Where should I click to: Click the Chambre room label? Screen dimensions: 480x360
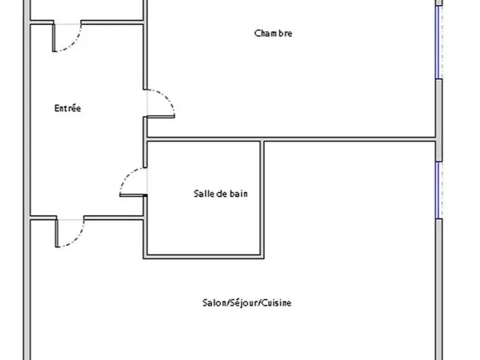[273, 33]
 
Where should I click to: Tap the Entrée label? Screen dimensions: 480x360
[68, 108]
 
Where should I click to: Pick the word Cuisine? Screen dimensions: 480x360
[277, 302]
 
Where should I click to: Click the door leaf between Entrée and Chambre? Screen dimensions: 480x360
[161, 116]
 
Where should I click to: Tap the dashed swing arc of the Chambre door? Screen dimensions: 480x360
[166, 97]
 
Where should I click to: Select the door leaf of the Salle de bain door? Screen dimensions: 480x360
[133, 194]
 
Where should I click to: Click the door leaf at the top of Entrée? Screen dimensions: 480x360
[54, 38]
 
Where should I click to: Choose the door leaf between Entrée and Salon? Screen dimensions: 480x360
[57, 233]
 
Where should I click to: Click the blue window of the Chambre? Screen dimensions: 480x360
[438, 42]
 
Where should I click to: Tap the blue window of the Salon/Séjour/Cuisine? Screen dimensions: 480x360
[438, 190]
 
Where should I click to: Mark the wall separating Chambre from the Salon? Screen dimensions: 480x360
[291, 139]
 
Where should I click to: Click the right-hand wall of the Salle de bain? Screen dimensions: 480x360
[262, 198]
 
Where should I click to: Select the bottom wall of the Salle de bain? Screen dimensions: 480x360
[203, 257]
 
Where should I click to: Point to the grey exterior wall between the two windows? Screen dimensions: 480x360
[439, 120]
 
